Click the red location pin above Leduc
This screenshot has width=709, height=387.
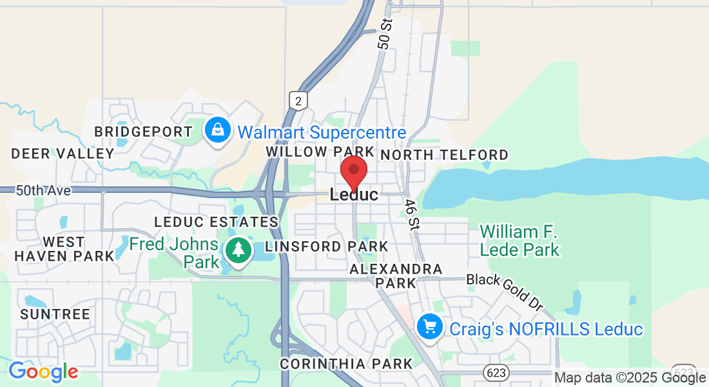[x=354, y=172]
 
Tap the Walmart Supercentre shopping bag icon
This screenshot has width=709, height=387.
[x=219, y=131]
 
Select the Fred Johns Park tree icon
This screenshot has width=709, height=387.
[x=238, y=249]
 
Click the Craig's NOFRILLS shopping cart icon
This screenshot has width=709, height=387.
[x=429, y=327]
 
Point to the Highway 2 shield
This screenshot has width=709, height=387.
[x=298, y=100]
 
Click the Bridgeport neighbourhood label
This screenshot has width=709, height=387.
[x=143, y=132]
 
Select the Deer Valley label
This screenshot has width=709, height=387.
[x=63, y=154]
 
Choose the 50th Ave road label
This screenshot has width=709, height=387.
[x=44, y=191]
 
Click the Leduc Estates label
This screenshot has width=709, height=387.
[x=216, y=222]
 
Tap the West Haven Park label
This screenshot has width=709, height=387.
[x=64, y=248]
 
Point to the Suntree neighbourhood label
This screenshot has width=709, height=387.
[x=55, y=314]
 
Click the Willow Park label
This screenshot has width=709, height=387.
[x=320, y=152]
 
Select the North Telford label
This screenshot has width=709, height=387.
[x=445, y=155]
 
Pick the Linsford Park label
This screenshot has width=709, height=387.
[x=327, y=246]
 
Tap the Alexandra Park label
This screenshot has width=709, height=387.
[x=396, y=275]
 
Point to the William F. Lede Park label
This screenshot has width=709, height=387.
[x=520, y=240]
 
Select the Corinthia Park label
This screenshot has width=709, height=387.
[x=346, y=364]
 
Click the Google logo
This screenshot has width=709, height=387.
[x=43, y=372]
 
